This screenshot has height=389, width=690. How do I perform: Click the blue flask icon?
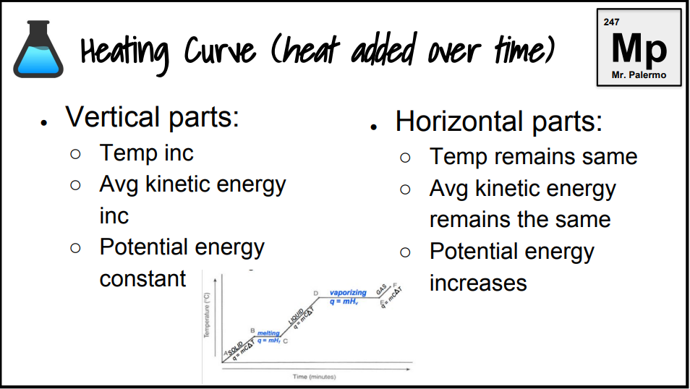point(38,51)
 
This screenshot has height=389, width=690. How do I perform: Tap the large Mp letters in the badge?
point(638,48)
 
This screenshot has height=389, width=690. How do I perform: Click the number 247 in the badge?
point(611,23)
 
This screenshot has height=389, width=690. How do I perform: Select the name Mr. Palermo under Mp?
point(639,75)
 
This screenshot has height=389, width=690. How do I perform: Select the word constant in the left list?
point(142,278)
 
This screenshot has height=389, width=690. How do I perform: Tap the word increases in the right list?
point(478,283)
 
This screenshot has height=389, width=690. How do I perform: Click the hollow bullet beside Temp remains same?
point(406,157)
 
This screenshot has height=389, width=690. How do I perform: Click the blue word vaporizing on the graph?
point(348,293)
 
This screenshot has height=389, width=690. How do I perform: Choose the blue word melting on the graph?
point(268,333)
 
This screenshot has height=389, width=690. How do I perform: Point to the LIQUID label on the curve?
point(295,316)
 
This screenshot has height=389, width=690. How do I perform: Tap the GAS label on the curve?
point(380,289)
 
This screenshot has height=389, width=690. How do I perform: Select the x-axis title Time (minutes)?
point(314,377)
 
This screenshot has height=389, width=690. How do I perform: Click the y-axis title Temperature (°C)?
point(207,316)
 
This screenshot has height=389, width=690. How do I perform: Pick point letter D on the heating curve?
point(315,293)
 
